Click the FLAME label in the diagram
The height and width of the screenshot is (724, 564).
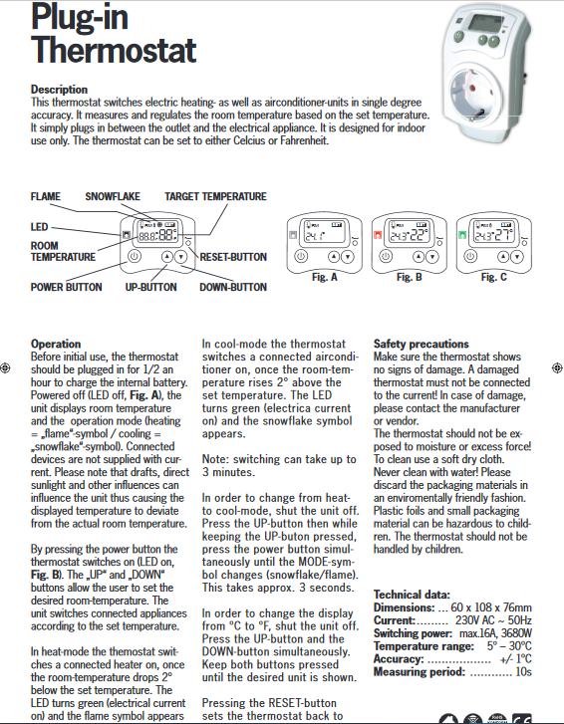45,197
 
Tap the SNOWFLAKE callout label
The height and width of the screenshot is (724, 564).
113,197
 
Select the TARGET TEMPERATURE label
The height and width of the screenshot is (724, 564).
215,197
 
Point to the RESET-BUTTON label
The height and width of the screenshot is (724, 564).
233,257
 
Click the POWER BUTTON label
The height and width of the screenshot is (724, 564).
66,287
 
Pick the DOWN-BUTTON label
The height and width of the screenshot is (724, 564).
233,287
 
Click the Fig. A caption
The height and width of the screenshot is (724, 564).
324,277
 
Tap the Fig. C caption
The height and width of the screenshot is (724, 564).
494,277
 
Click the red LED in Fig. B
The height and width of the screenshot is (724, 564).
377,235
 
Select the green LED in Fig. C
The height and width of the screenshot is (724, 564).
462,235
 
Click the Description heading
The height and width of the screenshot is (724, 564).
59,89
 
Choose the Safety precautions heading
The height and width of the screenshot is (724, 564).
421,344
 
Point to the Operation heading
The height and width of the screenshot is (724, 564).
56,344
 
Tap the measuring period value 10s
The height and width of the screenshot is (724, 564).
523,672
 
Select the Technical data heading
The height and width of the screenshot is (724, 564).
412,595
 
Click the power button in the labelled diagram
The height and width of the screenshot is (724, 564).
134,256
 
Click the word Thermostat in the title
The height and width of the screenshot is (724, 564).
114,50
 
